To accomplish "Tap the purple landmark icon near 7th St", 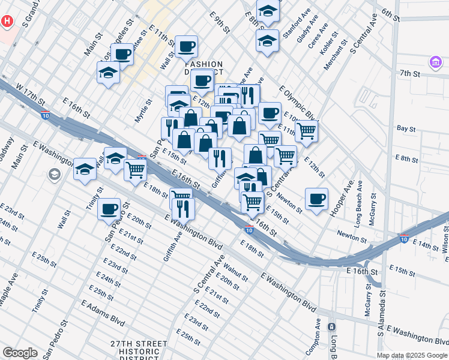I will pos(435,62).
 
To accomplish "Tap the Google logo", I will pos(20,353).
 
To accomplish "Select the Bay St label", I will pos(406,128).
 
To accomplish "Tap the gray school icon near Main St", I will pos(54,174).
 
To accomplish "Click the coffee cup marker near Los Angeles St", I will pos(122,54).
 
